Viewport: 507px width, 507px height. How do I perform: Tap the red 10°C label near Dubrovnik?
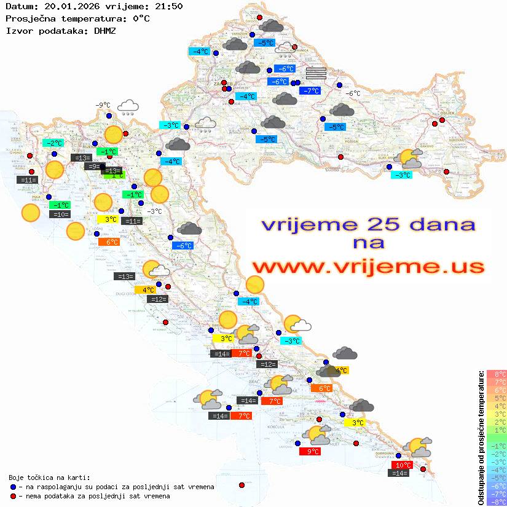(x=403, y=465)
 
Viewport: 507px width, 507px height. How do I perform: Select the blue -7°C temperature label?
(x=310, y=91)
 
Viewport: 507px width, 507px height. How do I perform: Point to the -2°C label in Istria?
(x=53, y=143)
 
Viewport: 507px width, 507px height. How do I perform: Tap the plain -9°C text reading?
(x=102, y=105)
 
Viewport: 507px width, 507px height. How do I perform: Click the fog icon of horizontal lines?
(x=316, y=73)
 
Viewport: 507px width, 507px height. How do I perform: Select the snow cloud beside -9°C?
(x=128, y=108)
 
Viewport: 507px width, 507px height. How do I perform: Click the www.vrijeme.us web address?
(x=368, y=267)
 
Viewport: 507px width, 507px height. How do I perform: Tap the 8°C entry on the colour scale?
(x=497, y=374)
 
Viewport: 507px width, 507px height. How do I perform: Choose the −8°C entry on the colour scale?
(x=497, y=501)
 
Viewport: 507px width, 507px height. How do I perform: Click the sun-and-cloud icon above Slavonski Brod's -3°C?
(x=411, y=159)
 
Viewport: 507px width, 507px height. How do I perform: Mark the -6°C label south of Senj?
(x=183, y=246)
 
